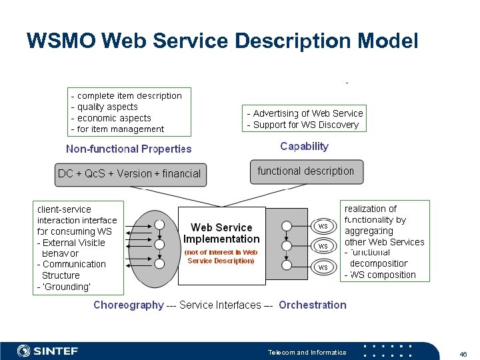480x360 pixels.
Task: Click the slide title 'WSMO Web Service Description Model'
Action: (x=222, y=41)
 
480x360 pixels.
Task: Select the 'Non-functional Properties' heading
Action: (x=129, y=149)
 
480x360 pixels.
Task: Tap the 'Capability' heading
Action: (x=304, y=146)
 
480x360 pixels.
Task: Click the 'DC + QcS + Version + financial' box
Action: (x=129, y=173)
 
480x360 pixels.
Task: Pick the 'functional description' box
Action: (x=306, y=171)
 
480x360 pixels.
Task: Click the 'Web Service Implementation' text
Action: (x=221, y=233)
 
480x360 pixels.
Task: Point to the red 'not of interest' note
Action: (x=221, y=257)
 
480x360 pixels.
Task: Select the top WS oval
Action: (x=323, y=226)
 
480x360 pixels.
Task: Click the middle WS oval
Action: (x=323, y=247)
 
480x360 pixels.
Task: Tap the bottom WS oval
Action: (x=323, y=267)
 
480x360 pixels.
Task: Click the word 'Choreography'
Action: (x=128, y=305)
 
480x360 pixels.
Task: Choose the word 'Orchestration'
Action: (x=312, y=305)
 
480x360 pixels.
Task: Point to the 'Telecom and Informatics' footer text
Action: (x=307, y=352)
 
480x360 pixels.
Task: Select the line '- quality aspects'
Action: (x=105, y=107)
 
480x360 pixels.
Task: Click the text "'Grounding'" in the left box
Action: (x=67, y=287)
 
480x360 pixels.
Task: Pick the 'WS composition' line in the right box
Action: (x=381, y=275)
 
